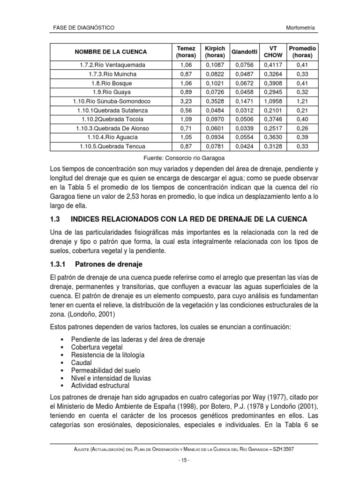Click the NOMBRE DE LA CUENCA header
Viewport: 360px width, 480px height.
click(110, 52)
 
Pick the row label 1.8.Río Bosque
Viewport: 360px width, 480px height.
click(110, 83)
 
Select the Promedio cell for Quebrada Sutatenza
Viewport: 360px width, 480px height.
click(302, 110)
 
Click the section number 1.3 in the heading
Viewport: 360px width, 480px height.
click(56, 219)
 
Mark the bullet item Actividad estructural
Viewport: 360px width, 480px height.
click(100, 385)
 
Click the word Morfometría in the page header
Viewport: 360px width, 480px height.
click(300, 28)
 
